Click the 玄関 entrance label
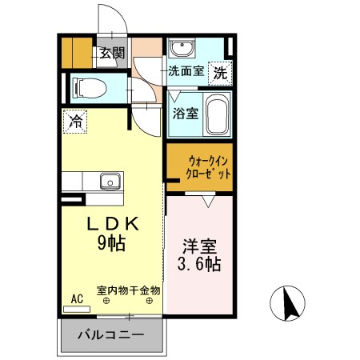tap(113, 54)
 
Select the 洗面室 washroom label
tap(186, 71)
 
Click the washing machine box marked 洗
tap(219, 71)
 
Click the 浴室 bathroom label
tap(185, 114)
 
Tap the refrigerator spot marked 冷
tap(75, 122)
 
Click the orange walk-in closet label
tap(198, 166)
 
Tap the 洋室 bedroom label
tap(199, 246)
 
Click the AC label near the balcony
tap(78, 299)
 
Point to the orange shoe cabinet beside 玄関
tap(78, 53)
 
